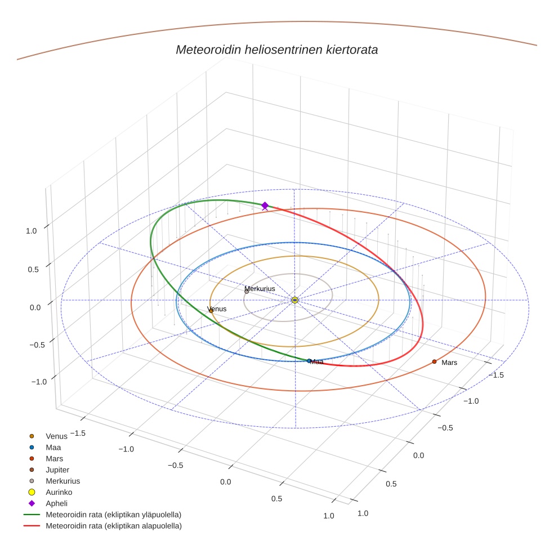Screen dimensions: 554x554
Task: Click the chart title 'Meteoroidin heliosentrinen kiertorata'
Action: point(276,50)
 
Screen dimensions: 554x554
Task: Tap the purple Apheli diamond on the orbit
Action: point(265,206)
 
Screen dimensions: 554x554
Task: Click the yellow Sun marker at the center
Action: point(295,300)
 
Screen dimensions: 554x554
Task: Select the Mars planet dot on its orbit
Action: point(434,361)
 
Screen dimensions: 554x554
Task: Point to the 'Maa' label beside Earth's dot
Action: point(317,362)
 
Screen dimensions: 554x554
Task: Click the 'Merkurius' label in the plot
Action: point(260,289)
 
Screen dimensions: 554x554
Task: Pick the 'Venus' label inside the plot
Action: point(217,309)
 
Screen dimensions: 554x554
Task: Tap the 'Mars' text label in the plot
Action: point(449,363)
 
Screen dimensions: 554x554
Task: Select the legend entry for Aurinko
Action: point(59,492)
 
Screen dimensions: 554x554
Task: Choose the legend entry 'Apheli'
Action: point(56,503)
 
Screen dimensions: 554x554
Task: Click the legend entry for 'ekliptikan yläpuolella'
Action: point(113,515)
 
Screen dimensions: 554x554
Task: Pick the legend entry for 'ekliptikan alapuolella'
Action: point(113,526)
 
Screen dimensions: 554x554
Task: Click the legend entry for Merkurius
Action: point(62,481)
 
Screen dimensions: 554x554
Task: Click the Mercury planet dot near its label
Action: point(247,292)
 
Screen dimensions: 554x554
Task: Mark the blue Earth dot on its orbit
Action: point(309,361)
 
